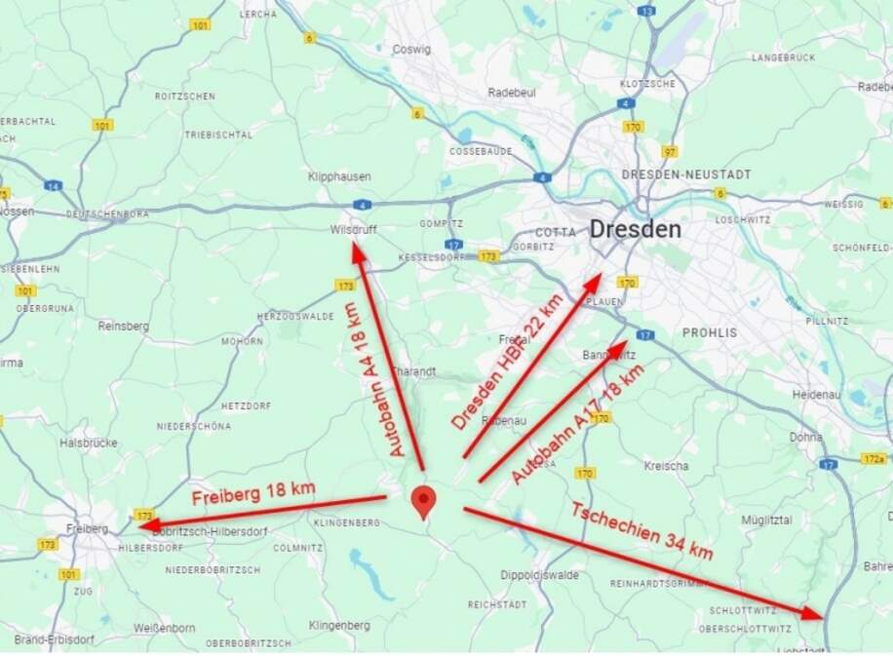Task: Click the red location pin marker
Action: coord(423,501)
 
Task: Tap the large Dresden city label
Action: coord(635,230)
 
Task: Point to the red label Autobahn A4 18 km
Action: coord(375,380)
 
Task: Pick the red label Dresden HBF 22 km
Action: coord(508,361)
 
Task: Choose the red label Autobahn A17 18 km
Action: coord(578,425)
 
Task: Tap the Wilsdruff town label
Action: coord(353,230)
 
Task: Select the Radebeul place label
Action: coord(511,93)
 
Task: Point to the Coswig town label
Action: coord(410,49)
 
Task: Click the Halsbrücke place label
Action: coord(88,442)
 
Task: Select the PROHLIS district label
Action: coord(710,332)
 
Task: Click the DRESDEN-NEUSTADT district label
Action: coord(686,174)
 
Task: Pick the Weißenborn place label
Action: coord(160,628)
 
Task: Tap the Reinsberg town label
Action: coord(123,327)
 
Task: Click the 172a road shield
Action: coord(874,458)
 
